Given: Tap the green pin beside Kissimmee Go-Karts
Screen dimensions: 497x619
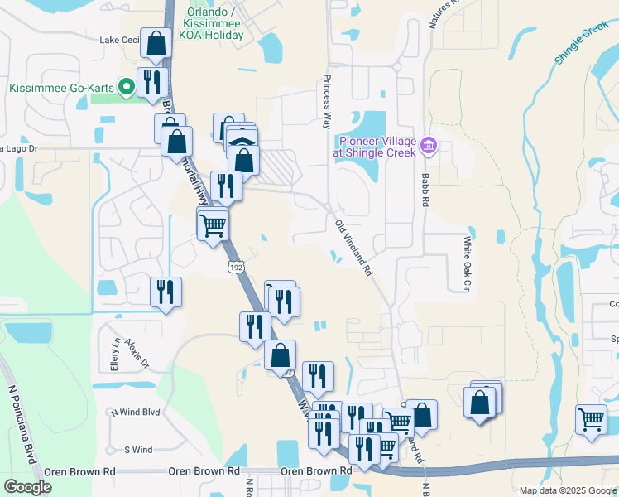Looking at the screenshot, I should tap(126, 86).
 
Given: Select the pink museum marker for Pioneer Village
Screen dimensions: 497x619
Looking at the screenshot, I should tap(428, 146).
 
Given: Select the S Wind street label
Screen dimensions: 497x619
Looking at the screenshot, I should tap(138, 450).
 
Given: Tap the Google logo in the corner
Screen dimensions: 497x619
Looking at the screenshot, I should tap(27, 487).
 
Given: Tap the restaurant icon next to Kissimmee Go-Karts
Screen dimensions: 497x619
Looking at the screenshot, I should tap(151, 82).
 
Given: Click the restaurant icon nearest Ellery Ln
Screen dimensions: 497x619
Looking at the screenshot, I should tap(166, 292).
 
